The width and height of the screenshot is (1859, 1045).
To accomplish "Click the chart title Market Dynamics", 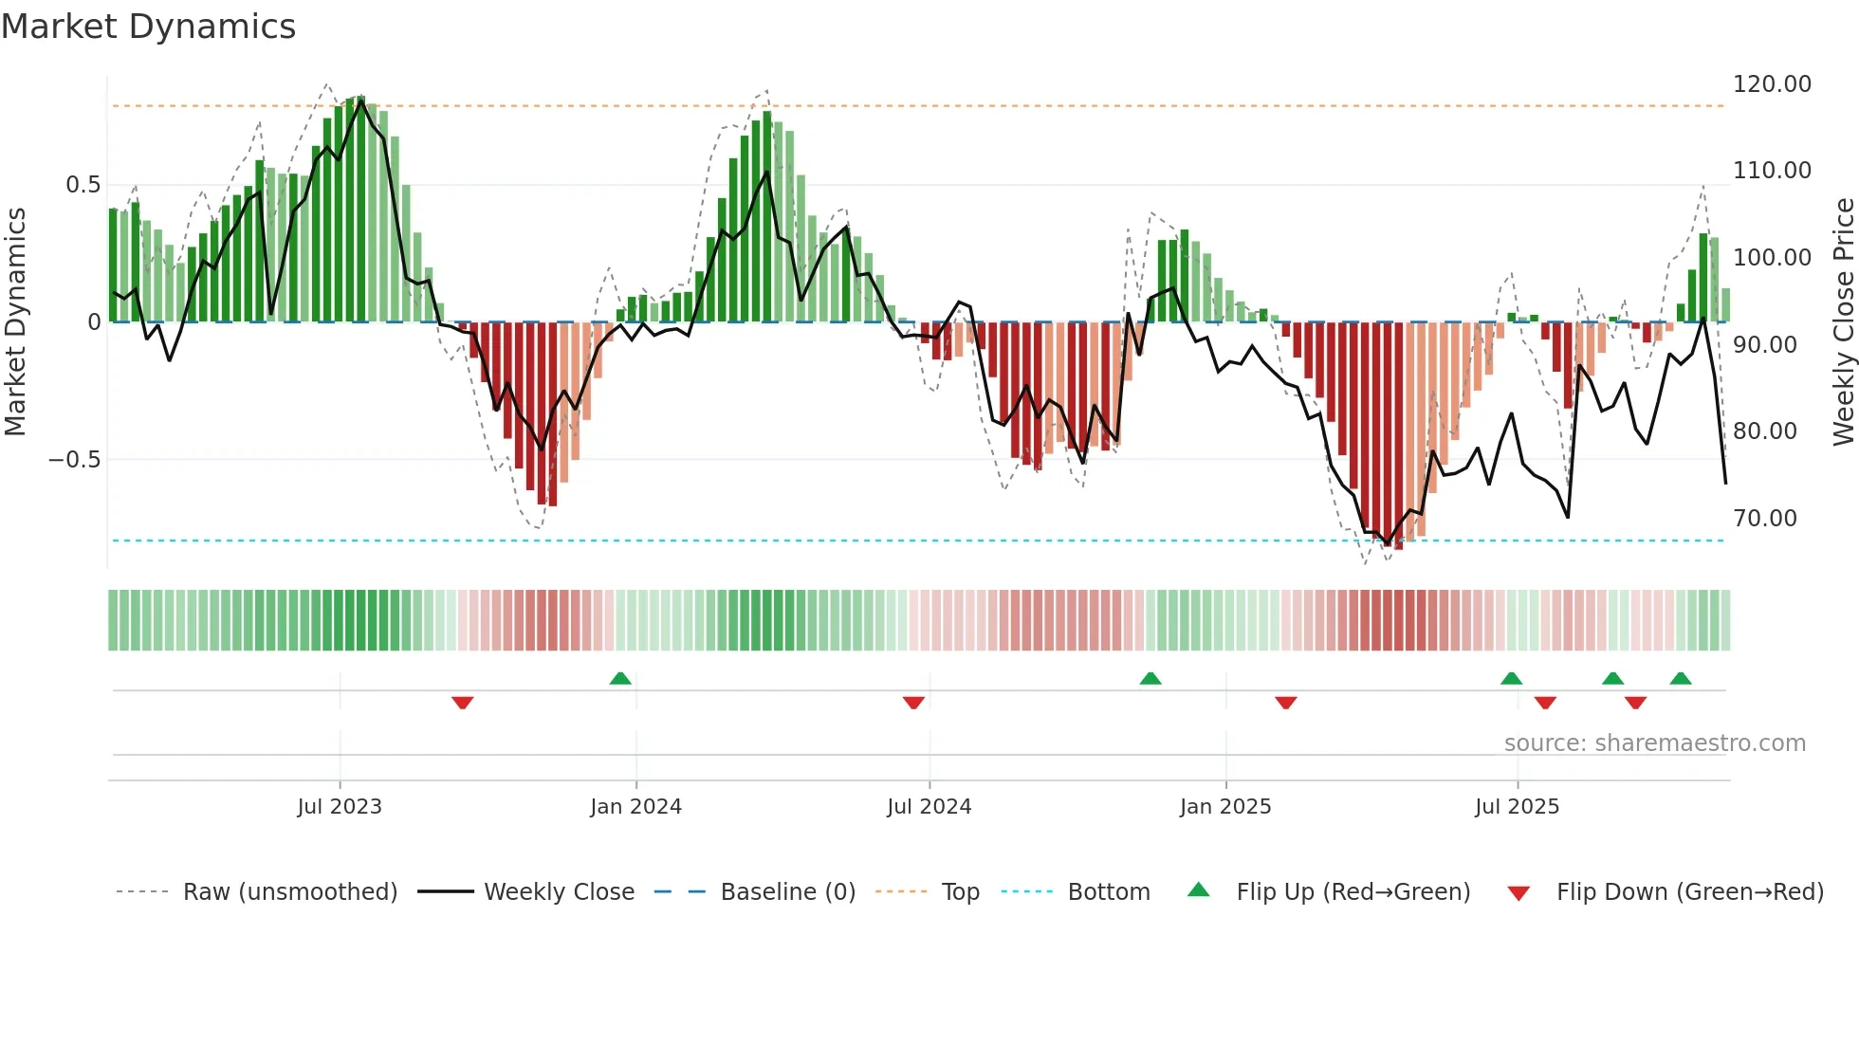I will point(148,27).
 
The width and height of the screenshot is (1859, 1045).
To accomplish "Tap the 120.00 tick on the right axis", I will point(1772,84).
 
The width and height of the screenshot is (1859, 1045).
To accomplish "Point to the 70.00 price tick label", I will point(1764,519).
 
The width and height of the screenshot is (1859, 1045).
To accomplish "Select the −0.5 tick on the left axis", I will point(75,460).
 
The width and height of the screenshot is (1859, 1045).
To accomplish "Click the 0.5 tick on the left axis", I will point(83,185).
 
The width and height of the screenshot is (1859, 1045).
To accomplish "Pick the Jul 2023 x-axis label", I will point(340,807).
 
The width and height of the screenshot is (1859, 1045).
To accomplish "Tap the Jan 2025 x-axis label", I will point(1225,807).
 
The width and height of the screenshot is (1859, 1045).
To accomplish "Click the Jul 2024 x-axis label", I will point(929,807).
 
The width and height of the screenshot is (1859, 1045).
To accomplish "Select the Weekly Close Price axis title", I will point(1843,322).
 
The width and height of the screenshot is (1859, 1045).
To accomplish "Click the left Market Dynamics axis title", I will point(16,322).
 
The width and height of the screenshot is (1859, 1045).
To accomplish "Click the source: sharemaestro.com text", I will point(1654,743).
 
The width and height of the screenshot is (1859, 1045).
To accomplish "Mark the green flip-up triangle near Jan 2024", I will point(620,679).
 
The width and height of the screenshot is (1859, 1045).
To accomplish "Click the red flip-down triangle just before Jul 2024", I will point(913,702).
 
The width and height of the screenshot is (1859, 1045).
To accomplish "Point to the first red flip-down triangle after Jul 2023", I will point(463,702).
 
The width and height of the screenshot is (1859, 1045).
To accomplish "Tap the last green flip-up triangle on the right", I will point(1681,679).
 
